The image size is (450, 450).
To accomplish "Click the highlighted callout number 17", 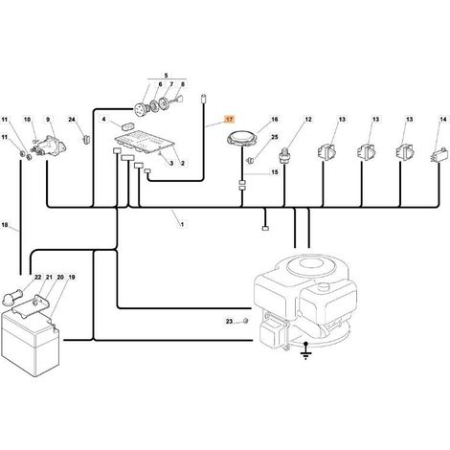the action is coord(230,120).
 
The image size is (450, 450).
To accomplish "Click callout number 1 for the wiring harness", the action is coord(182,224).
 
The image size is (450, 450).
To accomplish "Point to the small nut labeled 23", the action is coord(245,321).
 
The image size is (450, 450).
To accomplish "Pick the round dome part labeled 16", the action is coord(241,140).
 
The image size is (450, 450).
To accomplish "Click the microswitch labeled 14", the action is coord(436,157).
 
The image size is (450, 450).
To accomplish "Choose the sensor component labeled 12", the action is coord(284,155).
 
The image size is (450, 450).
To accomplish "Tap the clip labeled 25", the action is coord(251,160).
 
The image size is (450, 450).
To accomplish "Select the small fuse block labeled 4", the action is coord(127,126).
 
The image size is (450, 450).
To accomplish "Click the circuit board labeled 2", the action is coord(145,144).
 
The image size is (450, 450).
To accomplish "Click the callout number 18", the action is coord(5,225).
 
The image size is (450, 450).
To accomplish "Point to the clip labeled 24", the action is coord(86,139).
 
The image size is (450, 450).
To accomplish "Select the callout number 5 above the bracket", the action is coord(166,76).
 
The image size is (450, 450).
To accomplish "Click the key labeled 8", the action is coord(178,100).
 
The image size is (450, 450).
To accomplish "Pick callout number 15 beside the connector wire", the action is coord(275,172).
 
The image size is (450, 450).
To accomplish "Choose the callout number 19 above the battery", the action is coord(72,277).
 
